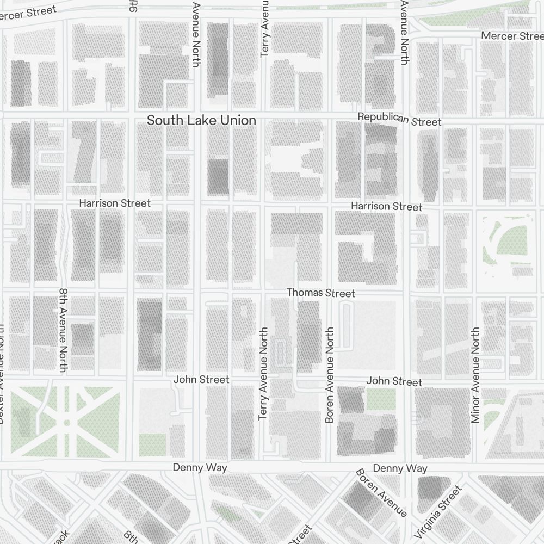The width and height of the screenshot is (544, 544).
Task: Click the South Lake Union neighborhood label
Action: (201, 120)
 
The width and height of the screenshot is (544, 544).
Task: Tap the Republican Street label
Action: (399, 120)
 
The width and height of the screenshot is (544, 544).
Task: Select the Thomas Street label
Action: (321, 293)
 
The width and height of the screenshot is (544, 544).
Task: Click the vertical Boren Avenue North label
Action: (329, 375)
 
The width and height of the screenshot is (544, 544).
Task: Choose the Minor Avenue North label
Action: (475, 375)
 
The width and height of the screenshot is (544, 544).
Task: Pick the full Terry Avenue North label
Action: (264, 373)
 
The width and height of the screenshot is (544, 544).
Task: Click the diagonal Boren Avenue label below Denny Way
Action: (381, 493)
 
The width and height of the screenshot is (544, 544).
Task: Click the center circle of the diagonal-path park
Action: (66, 422)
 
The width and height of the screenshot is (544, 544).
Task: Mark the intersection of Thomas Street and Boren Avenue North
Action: (330, 293)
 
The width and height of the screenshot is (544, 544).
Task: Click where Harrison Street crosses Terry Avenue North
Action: (265, 205)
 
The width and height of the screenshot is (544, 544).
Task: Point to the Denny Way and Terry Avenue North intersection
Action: (265, 467)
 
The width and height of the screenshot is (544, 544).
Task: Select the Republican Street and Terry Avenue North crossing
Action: (265, 118)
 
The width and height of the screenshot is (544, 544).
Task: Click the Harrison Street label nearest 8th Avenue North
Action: (114, 203)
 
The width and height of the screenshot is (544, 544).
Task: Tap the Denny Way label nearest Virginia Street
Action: (400, 468)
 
